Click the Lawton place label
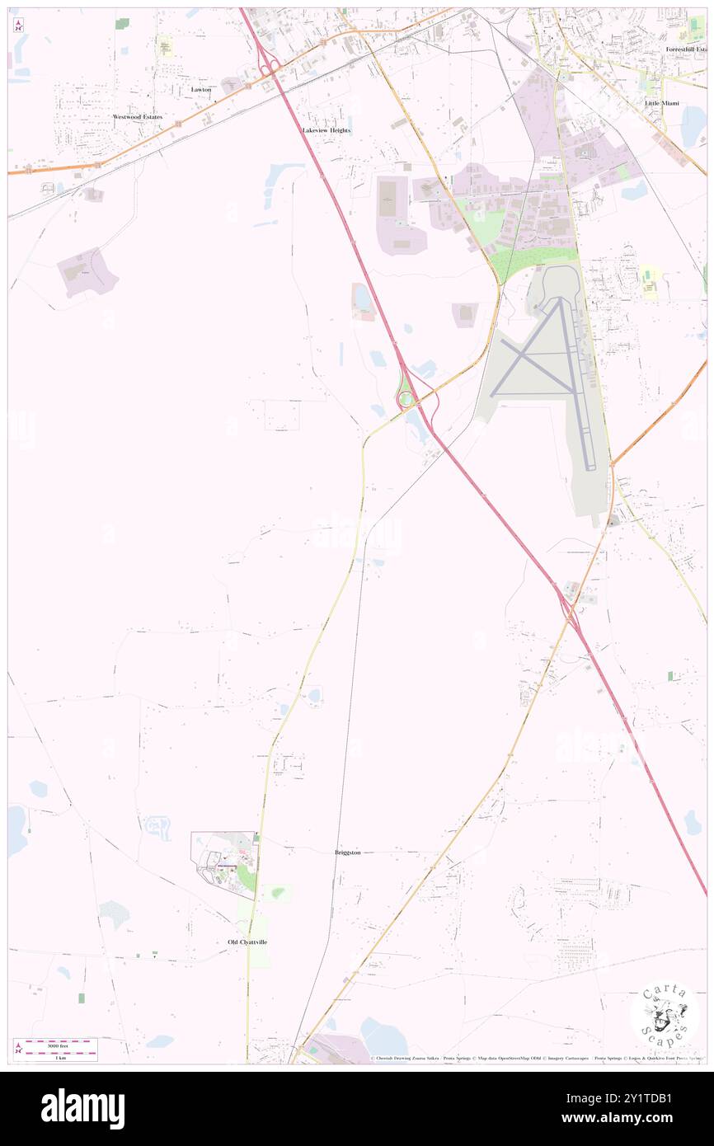pos(201,89)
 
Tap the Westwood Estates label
pos(138,117)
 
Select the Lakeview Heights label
pos(326,130)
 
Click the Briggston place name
pos(348,852)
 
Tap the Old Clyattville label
pos(247,942)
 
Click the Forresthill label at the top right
pos(686,49)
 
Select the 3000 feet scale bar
pos(56,1046)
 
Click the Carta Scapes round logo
pos(665,1017)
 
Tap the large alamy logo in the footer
pos(82,1109)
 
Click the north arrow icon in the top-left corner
pos(18,25)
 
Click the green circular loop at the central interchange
pos(404,401)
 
